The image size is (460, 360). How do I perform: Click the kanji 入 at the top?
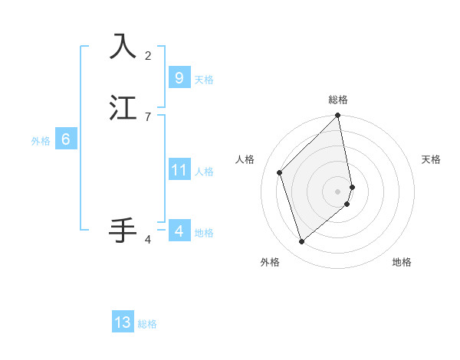click(123, 47)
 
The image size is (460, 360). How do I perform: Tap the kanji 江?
click(123, 108)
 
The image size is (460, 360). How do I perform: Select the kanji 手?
click(123, 230)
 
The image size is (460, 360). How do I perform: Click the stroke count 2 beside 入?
click(148, 56)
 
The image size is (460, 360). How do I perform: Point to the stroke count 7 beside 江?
click(148, 117)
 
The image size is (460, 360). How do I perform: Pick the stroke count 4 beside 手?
click(148, 240)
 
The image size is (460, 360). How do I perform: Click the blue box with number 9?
click(179, 78)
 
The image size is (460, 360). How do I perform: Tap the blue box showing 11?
click(179, 170)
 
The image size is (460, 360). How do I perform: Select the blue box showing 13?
click(123, 322)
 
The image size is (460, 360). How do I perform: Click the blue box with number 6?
click(65, 139)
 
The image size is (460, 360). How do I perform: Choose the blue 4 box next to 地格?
click(179, 231)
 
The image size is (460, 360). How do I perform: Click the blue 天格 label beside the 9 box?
click(204, 80)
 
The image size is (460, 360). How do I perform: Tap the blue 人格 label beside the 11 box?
click(204, 172)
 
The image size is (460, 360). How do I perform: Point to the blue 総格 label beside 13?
click(147, 324)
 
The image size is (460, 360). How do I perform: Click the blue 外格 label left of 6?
click(41, 141)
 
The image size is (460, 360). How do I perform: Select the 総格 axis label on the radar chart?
click(338, 100)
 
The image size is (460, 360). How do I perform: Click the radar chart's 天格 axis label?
click(431, 159)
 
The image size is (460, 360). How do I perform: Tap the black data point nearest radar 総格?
click(338, 116)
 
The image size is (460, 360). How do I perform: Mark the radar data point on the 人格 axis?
click(280, 172)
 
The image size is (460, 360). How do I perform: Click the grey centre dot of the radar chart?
click(338, 191)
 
